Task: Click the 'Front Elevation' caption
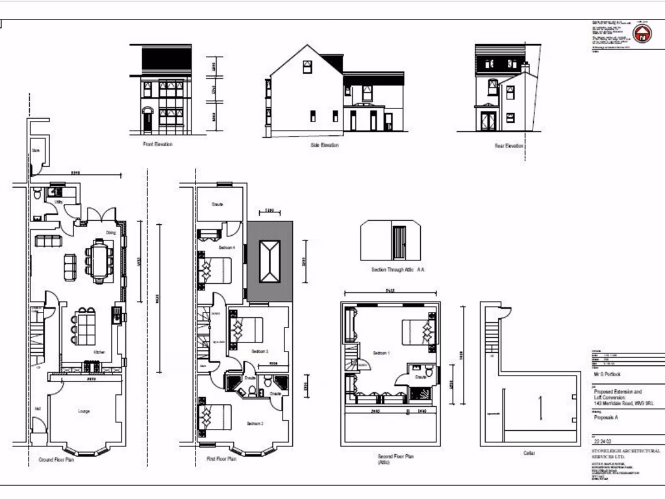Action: pos(158,144)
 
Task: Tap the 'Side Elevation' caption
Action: pos(324,145)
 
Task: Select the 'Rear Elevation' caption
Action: pos(508,146)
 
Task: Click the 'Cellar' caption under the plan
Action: pos(529,453)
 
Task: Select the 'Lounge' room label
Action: pos(83,411)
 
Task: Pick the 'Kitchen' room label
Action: pos(99,352)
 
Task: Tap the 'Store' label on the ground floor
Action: pos(36,151)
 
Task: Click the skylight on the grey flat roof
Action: pos(270,260)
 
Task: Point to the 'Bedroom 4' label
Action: pos(227,248)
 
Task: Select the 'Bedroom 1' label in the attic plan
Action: pos(381,353)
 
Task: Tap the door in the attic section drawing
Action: pos(399,242)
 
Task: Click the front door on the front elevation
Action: pos(147,120)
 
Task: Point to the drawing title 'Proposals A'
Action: pos(607,417)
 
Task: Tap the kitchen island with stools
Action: pos(85,326)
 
